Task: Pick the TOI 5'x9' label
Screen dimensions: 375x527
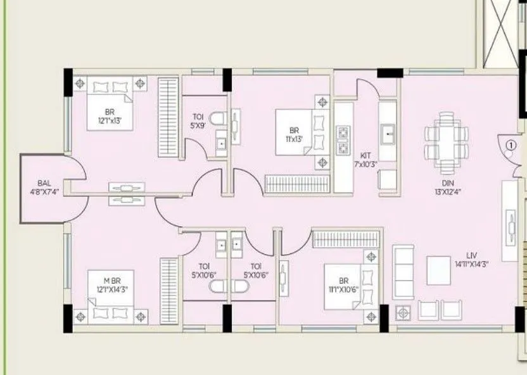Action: (x=198, y=121)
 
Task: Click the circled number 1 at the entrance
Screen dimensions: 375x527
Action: (x=511, y=145)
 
